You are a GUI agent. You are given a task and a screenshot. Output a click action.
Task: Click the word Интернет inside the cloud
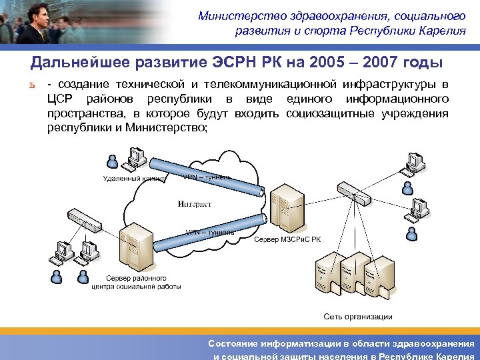[195, 204]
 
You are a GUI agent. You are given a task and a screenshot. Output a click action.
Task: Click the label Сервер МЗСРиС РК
[287, 239]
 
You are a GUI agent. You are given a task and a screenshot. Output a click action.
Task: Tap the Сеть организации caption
[358, 317]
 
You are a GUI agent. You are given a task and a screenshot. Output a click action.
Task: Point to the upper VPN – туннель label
[208, 177]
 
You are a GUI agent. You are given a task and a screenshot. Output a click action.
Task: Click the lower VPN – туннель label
[209, 232]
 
